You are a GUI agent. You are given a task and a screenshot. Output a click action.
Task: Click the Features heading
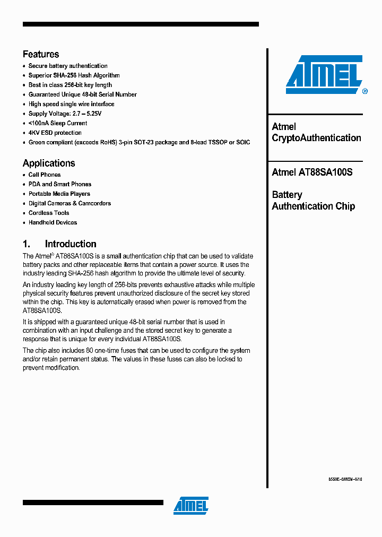[x=41, y=54]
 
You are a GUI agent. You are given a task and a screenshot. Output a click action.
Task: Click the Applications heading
[x=49, y=163]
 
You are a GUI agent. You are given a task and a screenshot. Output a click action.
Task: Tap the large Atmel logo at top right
[x=324, y=75]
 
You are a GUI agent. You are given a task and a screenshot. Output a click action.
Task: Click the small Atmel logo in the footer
[x=191, y=506]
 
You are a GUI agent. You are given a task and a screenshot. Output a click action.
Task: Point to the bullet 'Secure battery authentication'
[x=68, y=66]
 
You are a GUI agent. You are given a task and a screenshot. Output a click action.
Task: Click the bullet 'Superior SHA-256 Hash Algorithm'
[x=74, y=75]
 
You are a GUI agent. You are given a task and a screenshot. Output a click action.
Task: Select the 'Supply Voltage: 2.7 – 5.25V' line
[x=65, y=114]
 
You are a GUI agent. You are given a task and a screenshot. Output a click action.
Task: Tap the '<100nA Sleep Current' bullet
[x=58, y=123]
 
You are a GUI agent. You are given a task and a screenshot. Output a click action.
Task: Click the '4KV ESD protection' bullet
[x=55, y=133]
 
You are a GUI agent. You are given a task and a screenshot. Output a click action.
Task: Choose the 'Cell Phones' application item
[x=45, y=175]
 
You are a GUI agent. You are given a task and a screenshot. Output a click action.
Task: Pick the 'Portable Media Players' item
[x=59, y=194]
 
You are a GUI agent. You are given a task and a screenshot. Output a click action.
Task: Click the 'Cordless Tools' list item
[x=49, y=213]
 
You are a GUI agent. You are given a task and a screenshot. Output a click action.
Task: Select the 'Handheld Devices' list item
[x=53, y=222]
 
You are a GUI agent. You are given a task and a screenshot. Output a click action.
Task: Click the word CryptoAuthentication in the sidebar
[x=316, y=138]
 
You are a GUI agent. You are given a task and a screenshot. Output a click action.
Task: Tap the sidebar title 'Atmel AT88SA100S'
[x=312, y=172]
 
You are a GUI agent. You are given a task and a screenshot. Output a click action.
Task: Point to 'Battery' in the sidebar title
[x=287, y=195]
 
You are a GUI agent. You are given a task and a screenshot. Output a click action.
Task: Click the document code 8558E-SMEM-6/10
[x=345, y=479]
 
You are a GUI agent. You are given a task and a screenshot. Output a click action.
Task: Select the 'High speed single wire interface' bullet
[x=71, y=104]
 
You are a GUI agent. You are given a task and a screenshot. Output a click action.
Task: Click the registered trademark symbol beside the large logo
[x=364, y=91]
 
